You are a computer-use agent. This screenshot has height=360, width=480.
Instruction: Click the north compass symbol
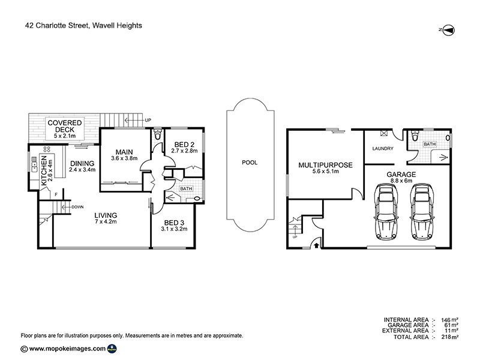coord(449,30)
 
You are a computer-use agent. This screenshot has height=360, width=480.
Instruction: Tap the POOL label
coord(250,163)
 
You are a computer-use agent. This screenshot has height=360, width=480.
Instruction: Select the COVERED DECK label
coord(65,126)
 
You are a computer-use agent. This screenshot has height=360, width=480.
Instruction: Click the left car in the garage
coord(386,212)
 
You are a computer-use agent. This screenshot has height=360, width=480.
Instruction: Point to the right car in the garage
coord(422,212)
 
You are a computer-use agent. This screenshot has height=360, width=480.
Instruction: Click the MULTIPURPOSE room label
coord(325,165)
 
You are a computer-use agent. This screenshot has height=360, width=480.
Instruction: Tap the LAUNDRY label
coord(383,148)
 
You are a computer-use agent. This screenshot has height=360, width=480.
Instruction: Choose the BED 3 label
coord(174,223)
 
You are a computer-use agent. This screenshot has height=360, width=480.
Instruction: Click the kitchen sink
coord(34,164)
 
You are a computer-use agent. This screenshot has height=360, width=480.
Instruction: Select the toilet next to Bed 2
coord(158,134)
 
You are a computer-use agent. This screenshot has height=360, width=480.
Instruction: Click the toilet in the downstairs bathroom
coord(415,136)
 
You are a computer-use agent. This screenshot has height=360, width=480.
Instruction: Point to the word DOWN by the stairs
coord(77,207)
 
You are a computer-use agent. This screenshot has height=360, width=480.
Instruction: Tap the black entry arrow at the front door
coord(316,245)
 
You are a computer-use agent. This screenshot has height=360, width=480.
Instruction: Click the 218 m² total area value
coord(449,337)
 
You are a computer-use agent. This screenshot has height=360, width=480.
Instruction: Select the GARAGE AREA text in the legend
coord(408,325)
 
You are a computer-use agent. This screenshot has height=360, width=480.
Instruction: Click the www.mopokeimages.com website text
coord(67,349)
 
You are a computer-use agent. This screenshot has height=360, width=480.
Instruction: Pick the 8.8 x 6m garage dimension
coord(401,181)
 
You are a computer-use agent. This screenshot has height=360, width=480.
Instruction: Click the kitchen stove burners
coord(47,149)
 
